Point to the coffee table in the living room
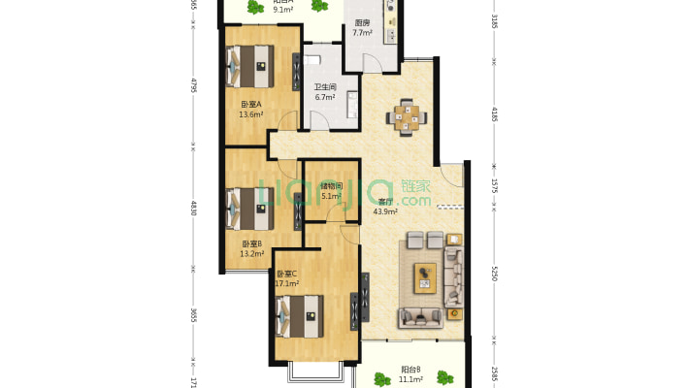coord(425,276)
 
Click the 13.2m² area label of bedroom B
coord(251,254)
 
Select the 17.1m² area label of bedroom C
coord(285,284)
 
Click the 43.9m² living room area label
coord(385,211)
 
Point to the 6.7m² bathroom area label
coord(324,97)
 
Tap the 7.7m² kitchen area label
coord(362,33)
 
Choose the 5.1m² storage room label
coord(332,196)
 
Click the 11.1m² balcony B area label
coord(411,378)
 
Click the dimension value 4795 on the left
coord(193,85)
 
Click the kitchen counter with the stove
coord(390,24)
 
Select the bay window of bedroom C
coord(315,372)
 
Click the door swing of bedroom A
coord(287,124)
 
